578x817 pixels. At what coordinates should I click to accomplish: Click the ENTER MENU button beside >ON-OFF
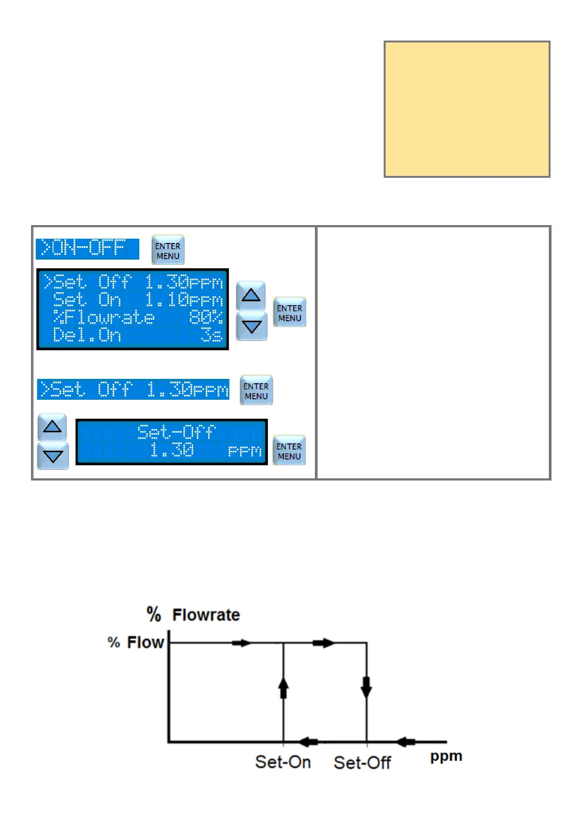pos(168,250)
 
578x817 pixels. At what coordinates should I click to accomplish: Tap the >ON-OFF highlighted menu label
pos(87,248)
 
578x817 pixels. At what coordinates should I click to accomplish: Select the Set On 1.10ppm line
pos(137,300)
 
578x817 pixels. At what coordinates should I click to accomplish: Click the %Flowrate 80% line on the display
pos(137,318)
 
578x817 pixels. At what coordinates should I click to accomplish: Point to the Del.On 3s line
pos(137,335)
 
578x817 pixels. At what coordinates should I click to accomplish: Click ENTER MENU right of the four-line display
pos(289,312)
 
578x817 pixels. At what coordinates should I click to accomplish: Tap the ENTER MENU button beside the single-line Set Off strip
pos(256,391)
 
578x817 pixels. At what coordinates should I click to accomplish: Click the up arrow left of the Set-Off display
pos(52,427)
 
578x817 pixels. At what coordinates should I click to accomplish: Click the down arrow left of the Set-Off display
pos(52,456)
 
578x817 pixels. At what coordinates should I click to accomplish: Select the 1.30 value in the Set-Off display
pos(172,451)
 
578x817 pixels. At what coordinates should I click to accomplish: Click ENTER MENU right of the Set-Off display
pos(289,451)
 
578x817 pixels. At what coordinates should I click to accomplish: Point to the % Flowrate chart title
pos(193,615)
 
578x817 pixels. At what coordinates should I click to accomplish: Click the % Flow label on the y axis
pos(136,642)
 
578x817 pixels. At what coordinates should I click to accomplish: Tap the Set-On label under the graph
pos(283,762)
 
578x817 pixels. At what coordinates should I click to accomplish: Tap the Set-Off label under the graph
pos(362,763)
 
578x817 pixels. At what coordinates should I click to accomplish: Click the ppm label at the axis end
pos(446,756)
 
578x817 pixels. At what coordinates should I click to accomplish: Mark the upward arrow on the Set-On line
pos(283,687)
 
